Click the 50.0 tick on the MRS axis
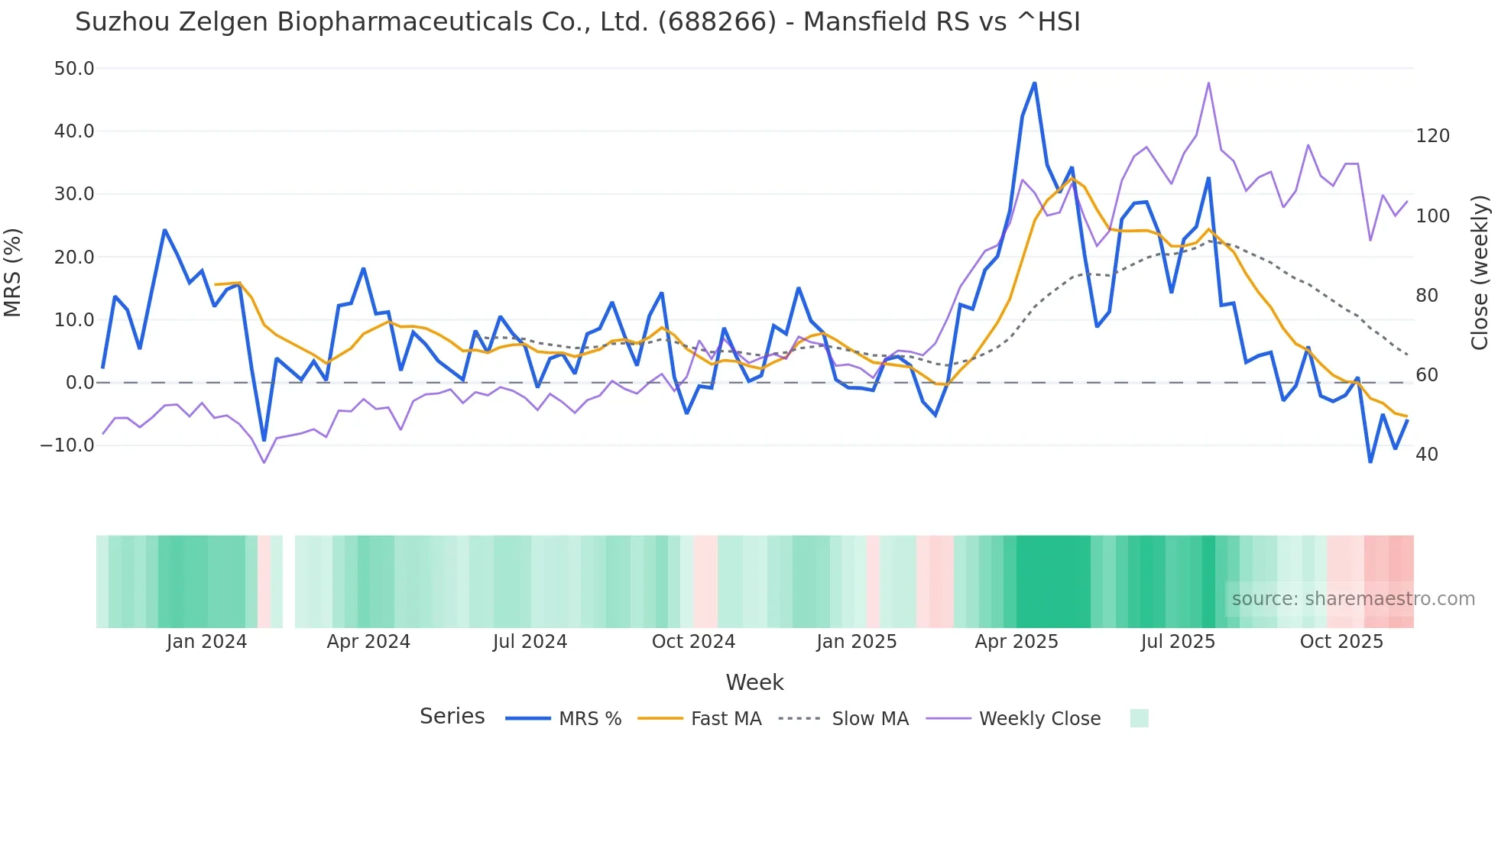74,69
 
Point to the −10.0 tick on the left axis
67,445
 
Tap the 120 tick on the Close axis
1432,136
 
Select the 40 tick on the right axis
1426,455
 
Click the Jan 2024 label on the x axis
206,642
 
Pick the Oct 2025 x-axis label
1341,642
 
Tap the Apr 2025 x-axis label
1016,642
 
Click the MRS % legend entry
589,719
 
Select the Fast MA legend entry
725,719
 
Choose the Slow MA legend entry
870,719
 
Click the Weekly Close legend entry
1039,719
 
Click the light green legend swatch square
1139,718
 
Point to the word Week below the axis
754,682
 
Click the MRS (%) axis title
13,272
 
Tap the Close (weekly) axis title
1480,272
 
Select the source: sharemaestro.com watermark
1353,599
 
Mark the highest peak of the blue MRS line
1034,83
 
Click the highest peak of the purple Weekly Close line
1208,83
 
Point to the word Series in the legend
452,717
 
